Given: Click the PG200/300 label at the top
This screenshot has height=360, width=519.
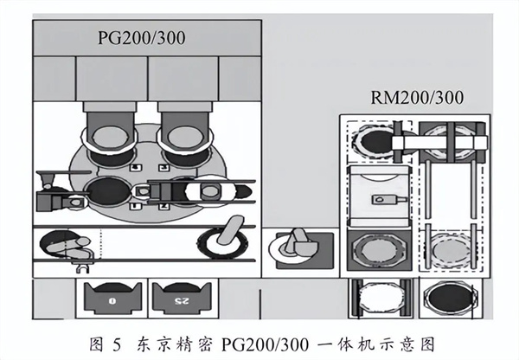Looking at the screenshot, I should click(140, 38).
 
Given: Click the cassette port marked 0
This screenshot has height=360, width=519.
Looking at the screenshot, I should click(112, 299).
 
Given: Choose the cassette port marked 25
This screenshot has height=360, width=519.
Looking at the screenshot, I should click(181, 299).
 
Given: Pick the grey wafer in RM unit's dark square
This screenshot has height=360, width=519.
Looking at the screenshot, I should click(377, 254).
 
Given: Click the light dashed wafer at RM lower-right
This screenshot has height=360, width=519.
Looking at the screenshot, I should click(452, 252).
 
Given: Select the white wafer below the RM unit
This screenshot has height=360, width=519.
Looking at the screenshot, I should click(379, 299).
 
